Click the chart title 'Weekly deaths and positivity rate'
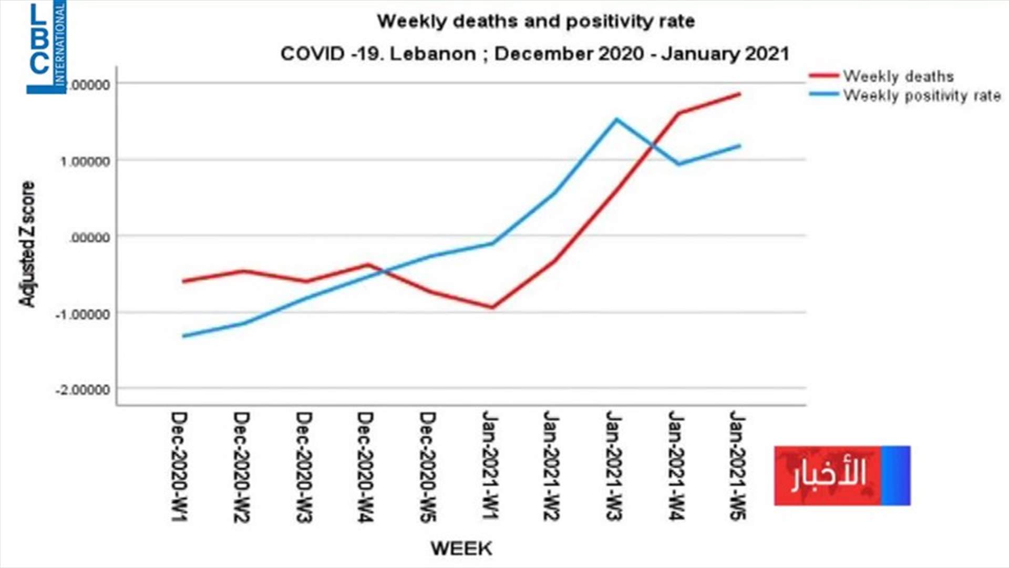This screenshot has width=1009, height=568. click(536, 21)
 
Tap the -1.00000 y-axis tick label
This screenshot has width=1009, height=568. click(83, 314)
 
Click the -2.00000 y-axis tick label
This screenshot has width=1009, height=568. click(83, 390)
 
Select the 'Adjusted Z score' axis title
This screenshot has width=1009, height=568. click(27, 244)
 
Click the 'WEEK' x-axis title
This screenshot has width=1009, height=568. click(461, 549)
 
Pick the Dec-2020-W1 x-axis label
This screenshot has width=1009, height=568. click(179, 466)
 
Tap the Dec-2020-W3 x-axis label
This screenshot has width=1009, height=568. click(304, 466)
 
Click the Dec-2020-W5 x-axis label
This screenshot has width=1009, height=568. click(428, 466)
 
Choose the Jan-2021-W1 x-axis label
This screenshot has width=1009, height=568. click(490, 465)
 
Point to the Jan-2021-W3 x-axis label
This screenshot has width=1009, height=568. click(614, 465)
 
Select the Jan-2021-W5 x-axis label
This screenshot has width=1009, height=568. click(738, 465)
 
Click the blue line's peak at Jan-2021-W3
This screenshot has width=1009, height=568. click(616, 119)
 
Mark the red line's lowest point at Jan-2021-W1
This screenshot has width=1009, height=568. click(492, 308)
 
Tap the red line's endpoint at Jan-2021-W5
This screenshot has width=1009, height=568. click(740, 94)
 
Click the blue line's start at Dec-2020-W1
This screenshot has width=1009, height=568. click(183, 336)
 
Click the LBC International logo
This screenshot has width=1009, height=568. click(47, 47)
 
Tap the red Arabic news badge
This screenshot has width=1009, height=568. click(842, 475)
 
